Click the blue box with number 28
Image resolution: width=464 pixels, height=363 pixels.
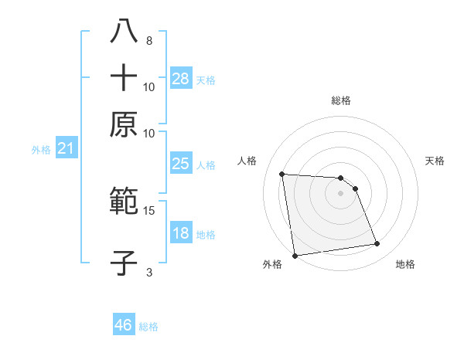(181, 79)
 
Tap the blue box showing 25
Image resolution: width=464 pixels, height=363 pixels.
(181, 164)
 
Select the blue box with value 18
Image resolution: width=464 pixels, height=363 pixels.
(181, 233)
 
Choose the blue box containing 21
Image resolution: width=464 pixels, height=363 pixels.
(66, 149)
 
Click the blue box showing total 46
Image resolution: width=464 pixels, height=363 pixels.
(124, 325)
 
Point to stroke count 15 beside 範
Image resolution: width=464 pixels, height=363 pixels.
(149, 210)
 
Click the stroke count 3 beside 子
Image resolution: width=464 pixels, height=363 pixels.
(149, 272)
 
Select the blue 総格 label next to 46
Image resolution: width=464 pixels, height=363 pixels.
(148, 327)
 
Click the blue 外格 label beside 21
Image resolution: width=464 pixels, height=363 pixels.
(41, 150)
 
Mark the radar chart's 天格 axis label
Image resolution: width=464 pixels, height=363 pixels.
(435, 161)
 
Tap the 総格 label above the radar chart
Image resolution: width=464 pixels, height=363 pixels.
(341, 101)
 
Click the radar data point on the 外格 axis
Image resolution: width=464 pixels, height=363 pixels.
(295, 256)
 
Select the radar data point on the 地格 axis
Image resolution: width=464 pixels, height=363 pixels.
(377, 244)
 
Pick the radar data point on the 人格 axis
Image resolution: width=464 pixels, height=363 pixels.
(282, 174)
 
